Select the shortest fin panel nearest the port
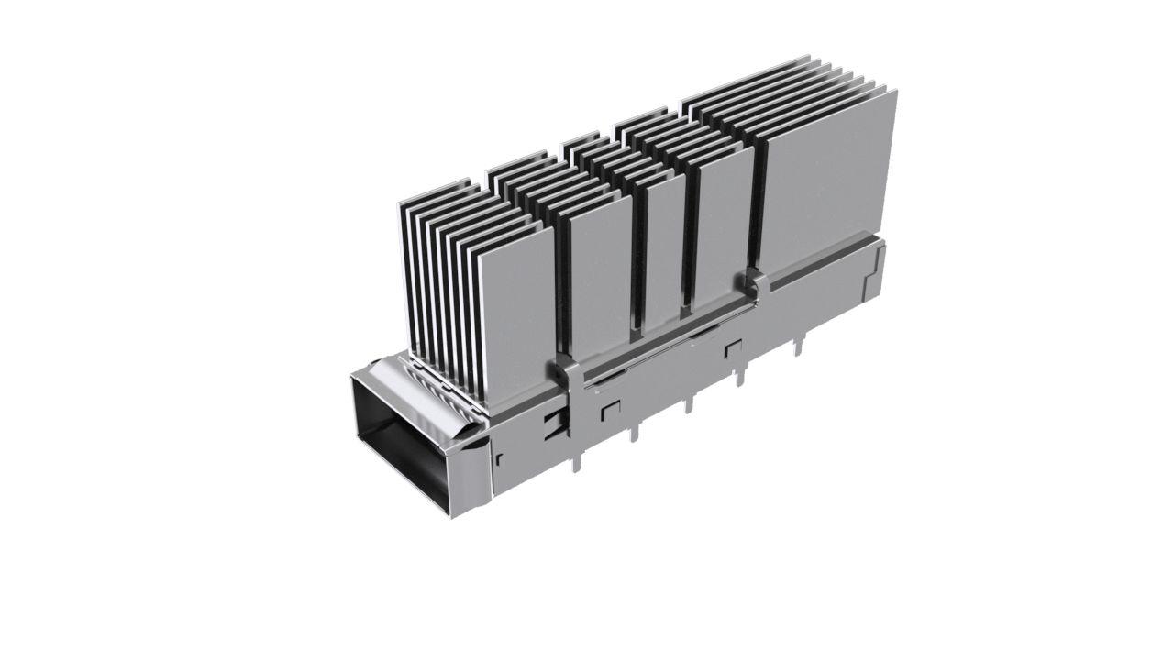515,312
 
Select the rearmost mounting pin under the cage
797,346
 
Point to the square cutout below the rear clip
732,349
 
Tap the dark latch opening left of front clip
550,423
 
